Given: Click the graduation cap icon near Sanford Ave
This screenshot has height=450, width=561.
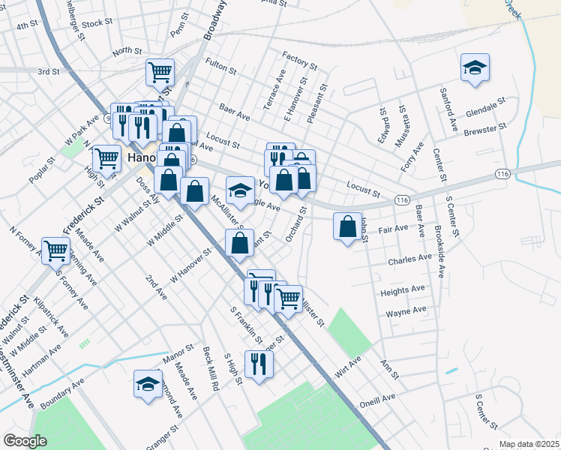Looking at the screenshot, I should [x=475, y=67].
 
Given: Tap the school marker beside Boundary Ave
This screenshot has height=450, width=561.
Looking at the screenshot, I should [x=148, y=384].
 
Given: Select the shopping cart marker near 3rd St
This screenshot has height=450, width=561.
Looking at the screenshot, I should [x=160, y=72].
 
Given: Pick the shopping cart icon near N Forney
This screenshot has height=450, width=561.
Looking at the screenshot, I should [x=56, y=249].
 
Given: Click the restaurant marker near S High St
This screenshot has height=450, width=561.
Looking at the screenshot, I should [x=259, y=364].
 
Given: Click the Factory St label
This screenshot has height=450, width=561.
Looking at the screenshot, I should [x=296, y=56].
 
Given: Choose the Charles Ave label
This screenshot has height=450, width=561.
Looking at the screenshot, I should [x=409, y=259].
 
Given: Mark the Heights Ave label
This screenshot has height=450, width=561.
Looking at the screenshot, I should [x=403, y=289].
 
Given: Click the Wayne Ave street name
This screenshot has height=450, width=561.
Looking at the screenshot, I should [x=406, y=310].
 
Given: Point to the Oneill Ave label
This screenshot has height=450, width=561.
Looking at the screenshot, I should [x=377, y=398].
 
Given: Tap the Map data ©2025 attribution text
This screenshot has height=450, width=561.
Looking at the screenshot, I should [x=529, y=444].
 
